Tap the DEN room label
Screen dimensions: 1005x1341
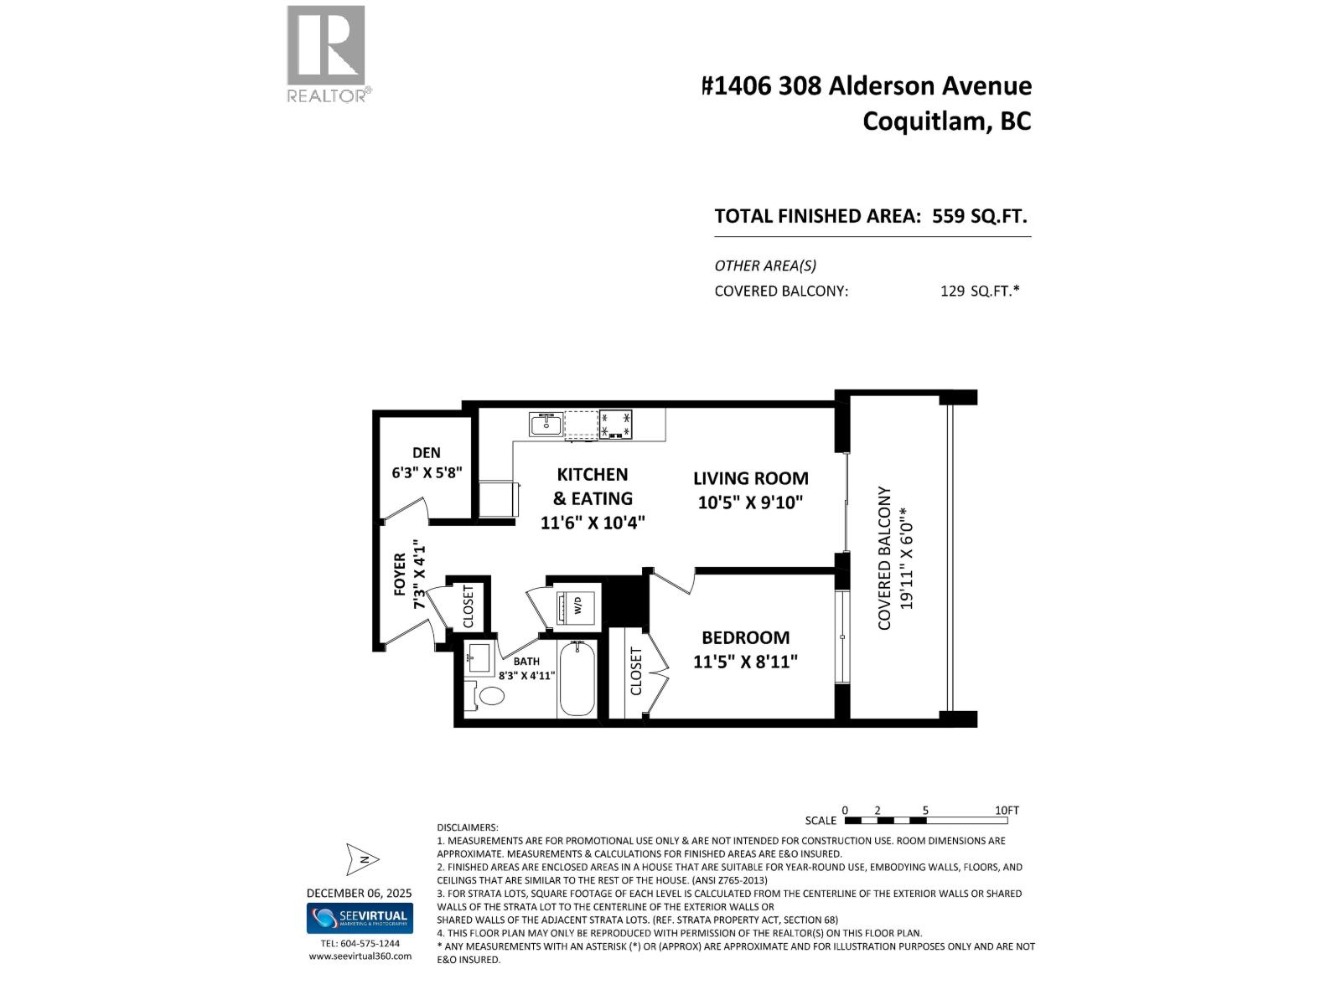click(x=427, y=453)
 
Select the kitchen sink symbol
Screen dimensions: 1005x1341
click(x=546, y=424)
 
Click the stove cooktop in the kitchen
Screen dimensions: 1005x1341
click(x=616, y=424)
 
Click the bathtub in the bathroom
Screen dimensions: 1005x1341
click(x=577, y=679)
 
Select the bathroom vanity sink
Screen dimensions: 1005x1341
click(x=479, y=657)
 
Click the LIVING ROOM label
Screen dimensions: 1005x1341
click(x=750, y=479)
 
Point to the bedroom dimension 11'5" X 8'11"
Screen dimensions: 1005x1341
click(x=745, y=662)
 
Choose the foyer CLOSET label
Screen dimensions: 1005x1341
click(x=469, y=606)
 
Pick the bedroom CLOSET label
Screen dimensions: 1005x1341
click(x=636, y=671)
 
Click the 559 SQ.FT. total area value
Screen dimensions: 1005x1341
click(x=979, y=216)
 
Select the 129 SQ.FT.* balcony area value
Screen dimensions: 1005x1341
click(x=980, y=291)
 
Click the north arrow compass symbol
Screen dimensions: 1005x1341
click(x=362, y=859)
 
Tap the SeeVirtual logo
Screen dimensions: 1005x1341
click(x=360, y=918)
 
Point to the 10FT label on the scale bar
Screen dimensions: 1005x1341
click(x=1007, y=811)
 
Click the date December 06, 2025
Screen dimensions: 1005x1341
click(x=359, y=894)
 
